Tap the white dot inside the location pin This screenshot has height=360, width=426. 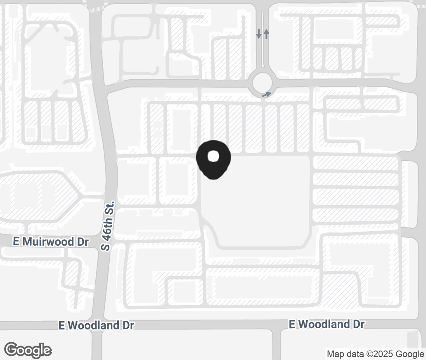tap(213, 156)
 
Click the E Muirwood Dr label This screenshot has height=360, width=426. tap(50, 242)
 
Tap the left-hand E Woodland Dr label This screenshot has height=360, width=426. tap(97, 325)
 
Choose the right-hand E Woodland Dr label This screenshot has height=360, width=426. tap(327, 324)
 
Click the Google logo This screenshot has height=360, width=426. tap(28, 350)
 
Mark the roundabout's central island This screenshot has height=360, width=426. tap(262, 83)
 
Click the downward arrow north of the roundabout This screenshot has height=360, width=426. tap(259, 34)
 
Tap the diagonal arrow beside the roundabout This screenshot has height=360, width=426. tap(267, 95)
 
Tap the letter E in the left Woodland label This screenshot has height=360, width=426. tap(62, 325)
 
